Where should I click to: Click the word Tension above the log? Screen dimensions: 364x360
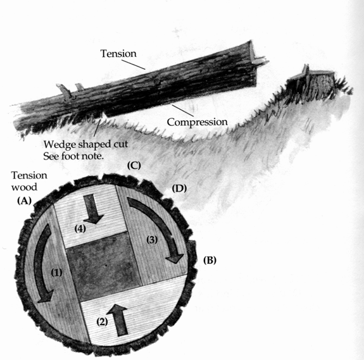click(118, 54)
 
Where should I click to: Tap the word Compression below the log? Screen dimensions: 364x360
click(197, 122)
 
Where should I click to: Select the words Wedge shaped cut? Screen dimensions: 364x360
click(85, 144)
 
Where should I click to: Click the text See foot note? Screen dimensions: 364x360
click(73, 156)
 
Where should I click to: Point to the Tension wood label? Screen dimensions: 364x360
click(29, 181)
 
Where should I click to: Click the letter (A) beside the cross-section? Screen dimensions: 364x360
click(25, 201)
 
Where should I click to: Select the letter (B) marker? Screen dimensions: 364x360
click(210, 261)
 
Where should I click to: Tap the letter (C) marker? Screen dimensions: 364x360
click(134, 166)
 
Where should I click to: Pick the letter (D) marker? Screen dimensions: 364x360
click(179, 189)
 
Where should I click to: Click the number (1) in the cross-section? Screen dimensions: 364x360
click(56, 273)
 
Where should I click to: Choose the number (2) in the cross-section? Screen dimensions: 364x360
click(102, 322)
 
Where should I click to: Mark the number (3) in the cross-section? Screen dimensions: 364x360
click(152, 240)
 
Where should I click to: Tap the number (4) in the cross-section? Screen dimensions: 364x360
click(80, 229)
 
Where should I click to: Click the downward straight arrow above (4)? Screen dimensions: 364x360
click(93, 209)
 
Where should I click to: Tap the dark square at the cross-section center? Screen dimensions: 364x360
click(103, 267)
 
